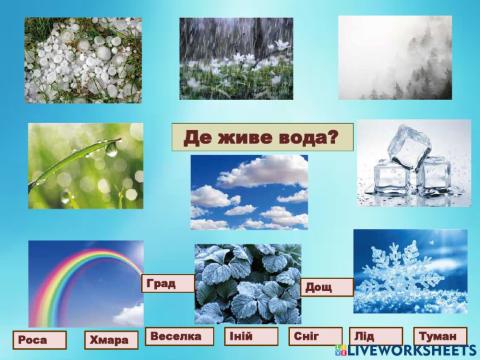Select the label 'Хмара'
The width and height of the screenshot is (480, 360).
(x=111, y=340)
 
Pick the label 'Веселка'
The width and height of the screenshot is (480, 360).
(x=181, y=336)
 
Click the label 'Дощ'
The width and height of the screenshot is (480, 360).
(x=327, y=287)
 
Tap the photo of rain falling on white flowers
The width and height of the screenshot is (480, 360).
(x=236, y=58)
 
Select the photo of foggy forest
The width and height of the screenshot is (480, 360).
(x=395, y=57)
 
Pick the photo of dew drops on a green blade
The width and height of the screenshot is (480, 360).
(x=86, y=166)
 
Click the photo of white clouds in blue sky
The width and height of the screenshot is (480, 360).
(x=249, y=192)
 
